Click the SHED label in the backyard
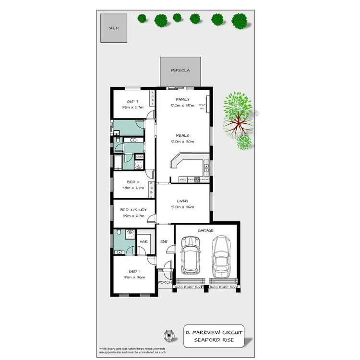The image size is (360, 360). point(114,28)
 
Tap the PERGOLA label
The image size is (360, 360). point(180,70)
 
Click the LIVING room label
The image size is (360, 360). point(182,201)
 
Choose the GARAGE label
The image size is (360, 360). point(205,230)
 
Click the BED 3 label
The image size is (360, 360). point(132,101)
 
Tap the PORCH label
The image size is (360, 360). point(165,282)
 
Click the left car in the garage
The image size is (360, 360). point(191,261)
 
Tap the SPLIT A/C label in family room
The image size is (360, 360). point(203,106)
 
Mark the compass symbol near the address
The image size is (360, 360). point(168,334)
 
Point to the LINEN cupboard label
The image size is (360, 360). point(140,156)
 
